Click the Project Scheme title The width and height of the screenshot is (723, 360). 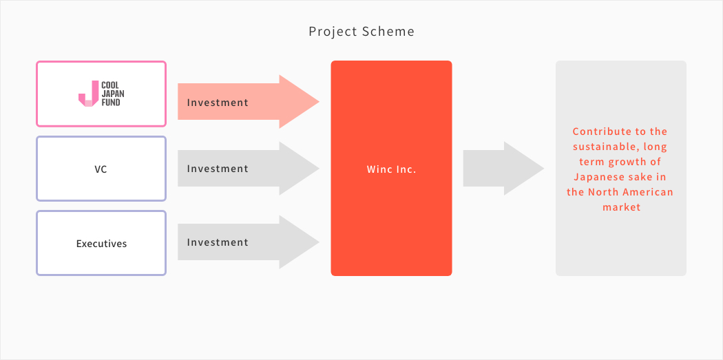pos(361,32)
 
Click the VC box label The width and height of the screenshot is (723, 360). pos(101,169)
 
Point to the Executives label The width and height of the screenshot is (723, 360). pos(101,244)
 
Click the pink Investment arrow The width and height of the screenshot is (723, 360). pos(249,102)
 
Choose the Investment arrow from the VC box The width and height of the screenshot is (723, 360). pos(249,168)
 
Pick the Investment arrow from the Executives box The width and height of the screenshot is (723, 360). pos(249,242)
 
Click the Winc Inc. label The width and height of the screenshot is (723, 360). pos(392,169)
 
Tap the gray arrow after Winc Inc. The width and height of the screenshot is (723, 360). pos(503,168)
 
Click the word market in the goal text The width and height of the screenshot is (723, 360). pos(622,207)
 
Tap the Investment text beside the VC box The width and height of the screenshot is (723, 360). pos(218,169)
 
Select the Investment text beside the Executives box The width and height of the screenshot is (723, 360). pos(218,242)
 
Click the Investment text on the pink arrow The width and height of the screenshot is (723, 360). pos(218,103)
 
